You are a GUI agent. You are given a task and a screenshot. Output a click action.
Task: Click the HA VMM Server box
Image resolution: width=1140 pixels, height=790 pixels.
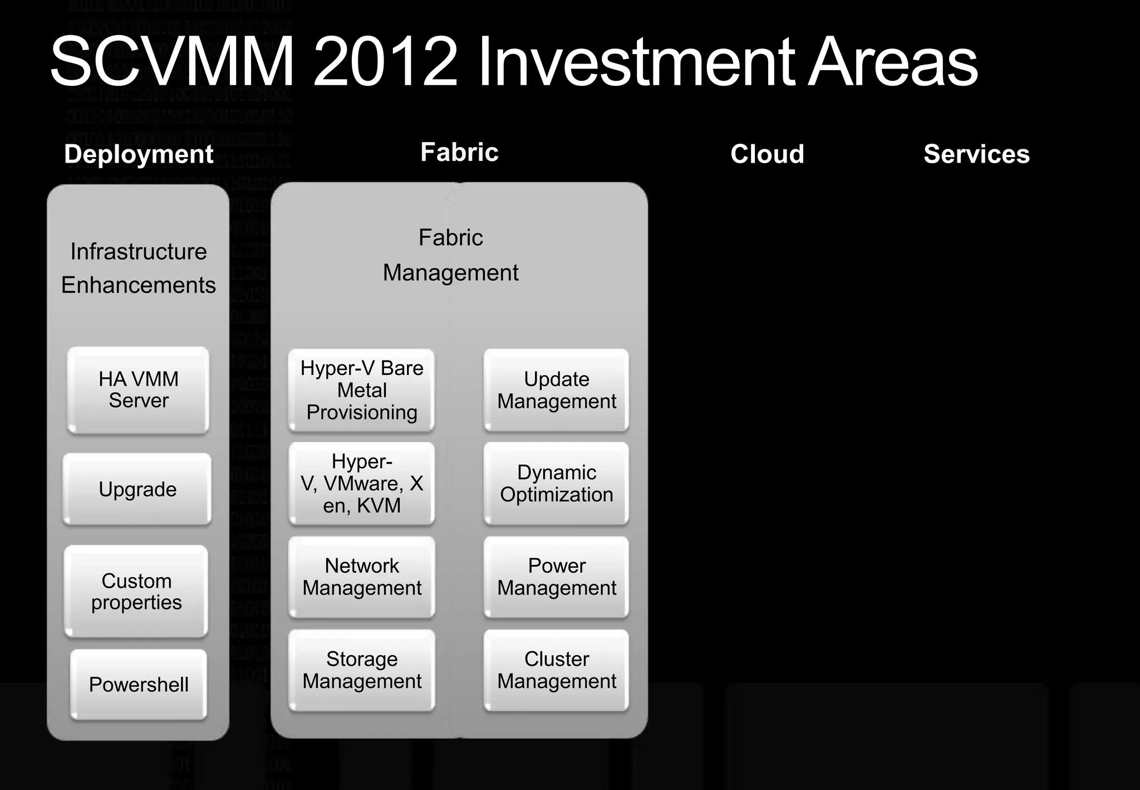pyautogui.click(x=138, y=390)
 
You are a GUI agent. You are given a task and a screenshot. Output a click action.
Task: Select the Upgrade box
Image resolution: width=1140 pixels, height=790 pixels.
pyautogui.click(x=137, y=489)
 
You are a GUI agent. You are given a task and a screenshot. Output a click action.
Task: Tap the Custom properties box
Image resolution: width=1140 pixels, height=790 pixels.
pyautogui.click(x=136, y=591)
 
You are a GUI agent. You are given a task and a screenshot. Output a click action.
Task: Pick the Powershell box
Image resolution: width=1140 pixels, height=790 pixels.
pyautogui.click(x=139, y=684)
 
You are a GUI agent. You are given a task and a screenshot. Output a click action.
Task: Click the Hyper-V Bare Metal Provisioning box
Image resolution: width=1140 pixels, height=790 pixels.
pyautogui.click(x=361, y=390)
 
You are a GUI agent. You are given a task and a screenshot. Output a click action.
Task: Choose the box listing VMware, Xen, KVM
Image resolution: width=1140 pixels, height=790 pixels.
pyautogui.click(x=361, y=483)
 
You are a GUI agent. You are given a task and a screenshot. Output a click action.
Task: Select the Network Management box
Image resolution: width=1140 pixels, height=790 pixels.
pyautogui.click(x=361, y=577)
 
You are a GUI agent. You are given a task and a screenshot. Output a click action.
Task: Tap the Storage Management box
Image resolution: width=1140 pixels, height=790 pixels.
pyautogui.click(x=361, y=670)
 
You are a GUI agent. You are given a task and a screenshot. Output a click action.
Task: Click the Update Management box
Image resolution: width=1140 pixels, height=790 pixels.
pyautogui.click(x=556, y=390)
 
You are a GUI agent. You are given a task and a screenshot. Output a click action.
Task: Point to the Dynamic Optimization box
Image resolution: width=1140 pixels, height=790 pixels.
pyautogui.click(x=556, y=483)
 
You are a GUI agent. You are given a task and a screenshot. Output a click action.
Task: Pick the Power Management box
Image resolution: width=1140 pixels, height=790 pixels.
pyautogui.click(x=556, y=577)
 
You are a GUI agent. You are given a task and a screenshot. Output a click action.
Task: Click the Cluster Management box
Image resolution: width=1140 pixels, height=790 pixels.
pyautogui.click(x=556, y=670)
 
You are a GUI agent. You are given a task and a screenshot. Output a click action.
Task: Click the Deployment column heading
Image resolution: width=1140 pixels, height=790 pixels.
pyautogui.click(x=139, y=154)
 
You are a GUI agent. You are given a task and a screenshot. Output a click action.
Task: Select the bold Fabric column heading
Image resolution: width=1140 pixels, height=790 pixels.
pyautogui.click(x=459, y=152)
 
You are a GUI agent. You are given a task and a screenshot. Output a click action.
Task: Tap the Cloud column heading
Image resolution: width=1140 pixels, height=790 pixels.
pyautogui.click(x=767, y=154)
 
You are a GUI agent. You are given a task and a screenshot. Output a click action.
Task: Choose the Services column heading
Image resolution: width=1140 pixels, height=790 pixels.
pyautogui.click(x=976, y=154)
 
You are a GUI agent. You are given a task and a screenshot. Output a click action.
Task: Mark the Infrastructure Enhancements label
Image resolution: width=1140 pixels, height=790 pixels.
pyautogui.click(x=139, y=268)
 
